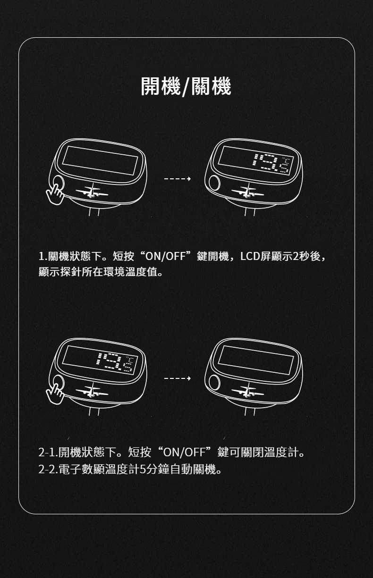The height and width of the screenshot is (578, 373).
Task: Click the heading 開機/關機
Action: click(x=186, y=86)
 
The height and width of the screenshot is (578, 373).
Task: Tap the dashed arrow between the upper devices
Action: click(x=178, y=178)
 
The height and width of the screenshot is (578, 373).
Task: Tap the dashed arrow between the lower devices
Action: click(x=178, y=378)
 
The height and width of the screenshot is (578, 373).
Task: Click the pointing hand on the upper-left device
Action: click(x=55, y=194)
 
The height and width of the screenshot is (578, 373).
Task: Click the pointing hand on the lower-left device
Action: click(x=55, y=394)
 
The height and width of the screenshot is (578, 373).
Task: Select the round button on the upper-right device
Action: click(x=214, y=183)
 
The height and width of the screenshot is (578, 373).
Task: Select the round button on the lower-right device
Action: click(x=214, y=382)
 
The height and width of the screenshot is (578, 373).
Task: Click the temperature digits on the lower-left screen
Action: click(x=115, y=363)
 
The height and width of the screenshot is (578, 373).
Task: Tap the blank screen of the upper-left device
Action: click(x=100, y=160)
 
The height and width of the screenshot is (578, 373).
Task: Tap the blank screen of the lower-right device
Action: click(x=256, y=360)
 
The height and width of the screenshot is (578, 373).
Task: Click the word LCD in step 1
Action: click(x=250, y=256)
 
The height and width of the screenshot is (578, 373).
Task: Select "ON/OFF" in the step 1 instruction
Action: click(x=166, y=256)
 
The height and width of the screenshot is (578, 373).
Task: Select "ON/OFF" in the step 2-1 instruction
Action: click(x=185, y=459)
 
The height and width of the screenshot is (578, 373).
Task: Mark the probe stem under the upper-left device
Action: click(x=94, y=211)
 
